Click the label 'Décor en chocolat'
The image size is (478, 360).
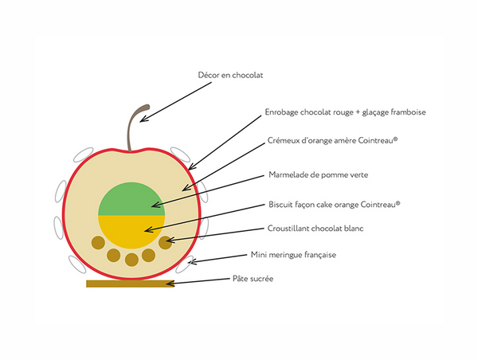point(230,76)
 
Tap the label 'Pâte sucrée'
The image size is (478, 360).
point(253,279)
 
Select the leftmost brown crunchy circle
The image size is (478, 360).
point(98,241)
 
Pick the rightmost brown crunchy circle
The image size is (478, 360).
point(166,241)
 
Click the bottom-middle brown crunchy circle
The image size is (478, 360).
point(131,260)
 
